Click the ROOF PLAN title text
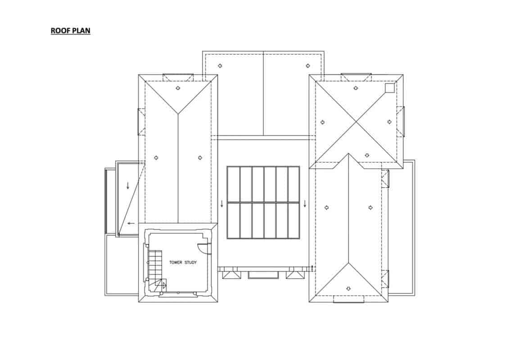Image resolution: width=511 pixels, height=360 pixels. pyautogui.click(x=71, y=31)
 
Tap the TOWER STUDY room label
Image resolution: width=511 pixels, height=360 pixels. pyautogui.click(x=183, y=262)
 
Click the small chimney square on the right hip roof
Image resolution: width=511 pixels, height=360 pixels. pyautogui.click(x=389, y=87)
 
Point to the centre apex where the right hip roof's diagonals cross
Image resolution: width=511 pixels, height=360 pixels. pyautogui.click(x=357, y=122)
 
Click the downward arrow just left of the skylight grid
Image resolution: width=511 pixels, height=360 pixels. pyautogui.click(x=222, y=203)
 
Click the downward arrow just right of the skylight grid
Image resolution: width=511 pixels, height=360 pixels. pyautogui.click(x=305, y=203)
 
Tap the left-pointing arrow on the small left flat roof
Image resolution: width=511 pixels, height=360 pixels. pyautogui.click(x=131, y=223)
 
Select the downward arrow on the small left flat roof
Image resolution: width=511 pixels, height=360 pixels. pyautogui.click(x=128, y=184)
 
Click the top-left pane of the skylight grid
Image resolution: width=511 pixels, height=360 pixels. pyautogui.click(x=234, y=184)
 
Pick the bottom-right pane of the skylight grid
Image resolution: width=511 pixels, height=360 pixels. pyautogui.click(x=294, y=220)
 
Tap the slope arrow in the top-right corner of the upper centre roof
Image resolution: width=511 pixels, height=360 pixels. pyautogui.click(x=308, y=66)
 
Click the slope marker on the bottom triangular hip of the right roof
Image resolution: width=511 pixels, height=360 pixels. pyautogui.click(x=348, y=288)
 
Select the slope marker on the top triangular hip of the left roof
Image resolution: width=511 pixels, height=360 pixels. pyautogui.click(x=178, y=88)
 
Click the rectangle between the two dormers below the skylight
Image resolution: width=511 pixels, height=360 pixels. pyautogui.click(x=257, y=274)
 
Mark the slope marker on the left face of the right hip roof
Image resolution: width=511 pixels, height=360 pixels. pyautogui.click(x=322, y=122)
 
